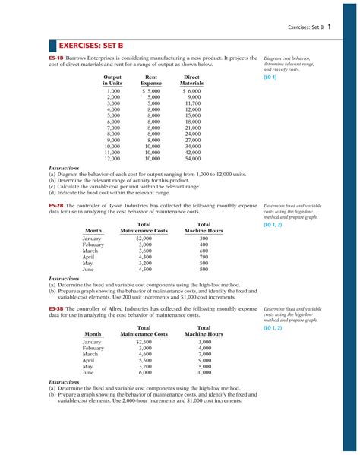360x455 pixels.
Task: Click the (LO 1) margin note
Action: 270,77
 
